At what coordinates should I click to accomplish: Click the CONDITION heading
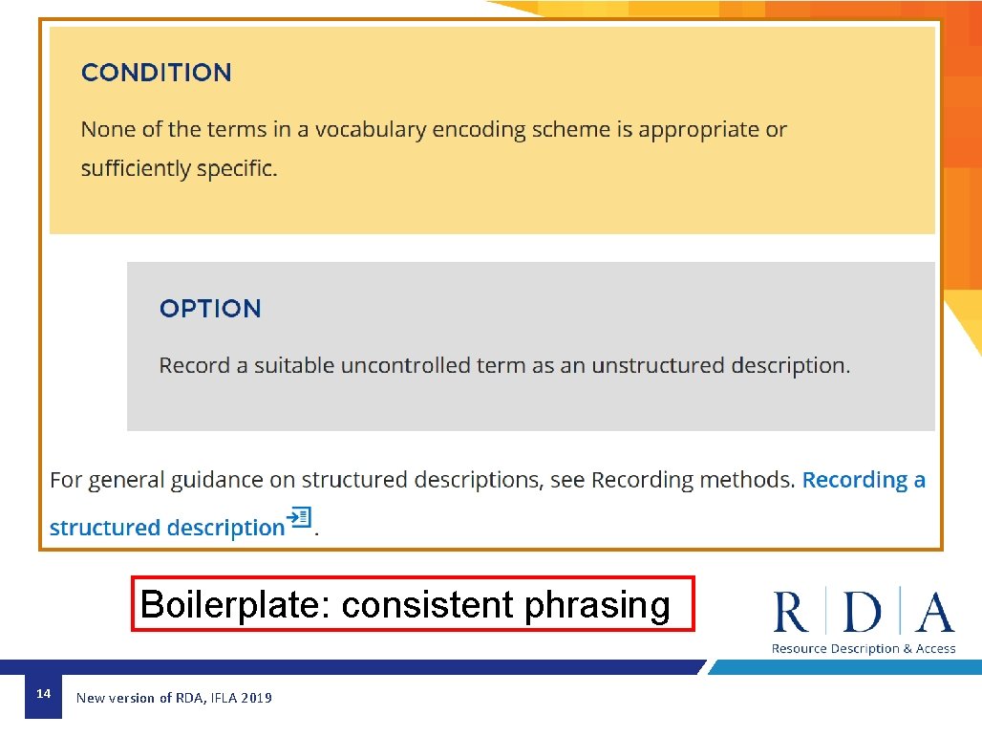click(156, 73)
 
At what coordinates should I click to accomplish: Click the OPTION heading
click(210, 309)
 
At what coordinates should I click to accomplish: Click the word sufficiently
click(136, 169)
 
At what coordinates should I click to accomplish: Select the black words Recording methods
click(693, 480)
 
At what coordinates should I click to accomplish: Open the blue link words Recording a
click(864, 480)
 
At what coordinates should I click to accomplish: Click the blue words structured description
click(167, 528)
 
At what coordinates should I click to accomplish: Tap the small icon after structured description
click(301, 519)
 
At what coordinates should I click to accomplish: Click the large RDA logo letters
click(863, 612)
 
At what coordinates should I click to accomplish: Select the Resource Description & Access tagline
click(864, 649)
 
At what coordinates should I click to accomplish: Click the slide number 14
click(42, 693)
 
